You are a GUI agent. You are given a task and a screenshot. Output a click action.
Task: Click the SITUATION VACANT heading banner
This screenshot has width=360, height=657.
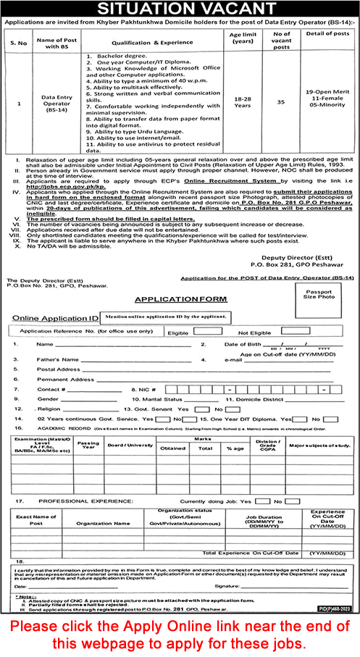[x=180, y=9]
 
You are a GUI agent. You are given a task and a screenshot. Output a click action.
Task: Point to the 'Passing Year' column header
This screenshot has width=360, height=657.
[x=89, y=443]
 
